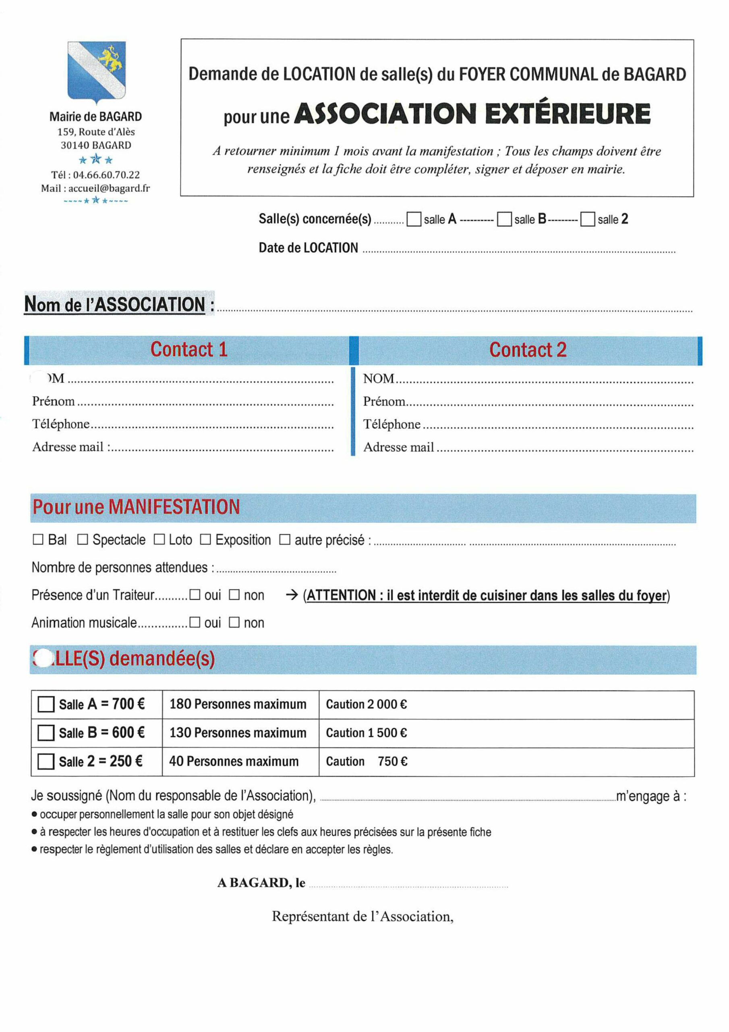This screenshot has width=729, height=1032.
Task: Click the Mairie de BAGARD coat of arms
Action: (x=97, y=71)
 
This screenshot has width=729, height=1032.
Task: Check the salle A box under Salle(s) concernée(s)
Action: (x=414, y=219)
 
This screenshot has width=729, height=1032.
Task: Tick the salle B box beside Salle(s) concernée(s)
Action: (x=504, y=219)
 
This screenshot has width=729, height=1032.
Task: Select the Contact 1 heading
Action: (x=188, y=350)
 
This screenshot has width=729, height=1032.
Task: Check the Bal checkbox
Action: (x=38, y=539)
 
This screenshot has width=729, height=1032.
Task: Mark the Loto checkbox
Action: (x=159, y=539)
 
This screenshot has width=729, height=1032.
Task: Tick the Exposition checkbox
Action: (x=205, y=539)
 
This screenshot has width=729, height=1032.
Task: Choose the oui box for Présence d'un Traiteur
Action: (x=195, y=595)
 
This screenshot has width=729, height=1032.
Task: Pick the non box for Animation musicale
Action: (x=234, y=622)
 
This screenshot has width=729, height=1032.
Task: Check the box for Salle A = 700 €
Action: (x=46, y=704)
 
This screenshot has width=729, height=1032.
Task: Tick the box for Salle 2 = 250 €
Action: (x=46, y=762)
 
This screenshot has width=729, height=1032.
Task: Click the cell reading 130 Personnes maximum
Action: (x=238, y=732)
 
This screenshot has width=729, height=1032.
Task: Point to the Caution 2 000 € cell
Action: (x=367, y=704)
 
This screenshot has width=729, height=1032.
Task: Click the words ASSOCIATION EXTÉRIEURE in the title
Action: (x=474, y=114)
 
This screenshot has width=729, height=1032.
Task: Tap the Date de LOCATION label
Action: (x=308, y=248)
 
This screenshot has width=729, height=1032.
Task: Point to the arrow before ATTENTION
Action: (x=292, y=595)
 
